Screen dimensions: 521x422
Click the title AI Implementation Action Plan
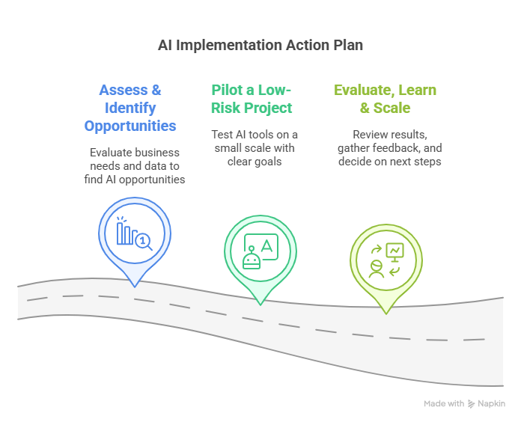pos(260,45)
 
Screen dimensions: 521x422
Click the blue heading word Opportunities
pos(130,126)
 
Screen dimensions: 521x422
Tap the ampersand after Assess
pos(156,90)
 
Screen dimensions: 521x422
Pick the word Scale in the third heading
pos(391,108)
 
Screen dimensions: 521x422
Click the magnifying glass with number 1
pos(144,242)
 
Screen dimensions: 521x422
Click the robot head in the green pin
pos(252,259)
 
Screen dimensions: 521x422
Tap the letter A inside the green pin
pos(266,246)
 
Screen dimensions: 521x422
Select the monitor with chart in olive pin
pos(394,252)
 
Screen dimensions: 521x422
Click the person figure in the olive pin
pos(376,269)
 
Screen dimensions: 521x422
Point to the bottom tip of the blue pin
pos(135,287)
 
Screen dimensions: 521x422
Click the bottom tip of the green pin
pos(260,305)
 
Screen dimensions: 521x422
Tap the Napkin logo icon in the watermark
pos(471,404)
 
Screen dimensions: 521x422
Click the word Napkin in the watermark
pos(491,404)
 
